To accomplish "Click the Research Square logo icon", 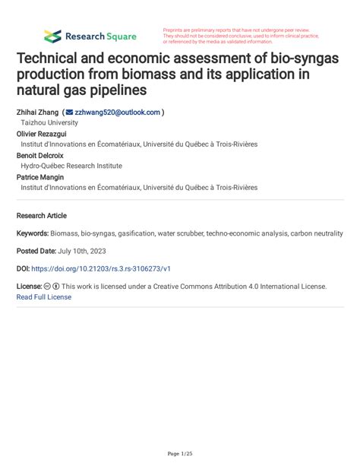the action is [x=52, y=36].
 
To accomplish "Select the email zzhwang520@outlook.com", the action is [x=118, y=112].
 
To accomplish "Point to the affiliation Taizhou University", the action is [x=49, y=122].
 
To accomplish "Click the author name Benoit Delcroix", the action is [x=40, y=155].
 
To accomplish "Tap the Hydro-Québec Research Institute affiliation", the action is [x=71, y=166].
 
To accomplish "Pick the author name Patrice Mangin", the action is [x=40, y=176].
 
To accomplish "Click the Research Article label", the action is [x=42, y=216].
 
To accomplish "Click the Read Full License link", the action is [x=44, y=297].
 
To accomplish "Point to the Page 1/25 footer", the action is [x=180, y=454].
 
